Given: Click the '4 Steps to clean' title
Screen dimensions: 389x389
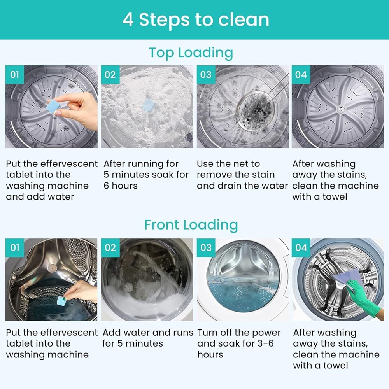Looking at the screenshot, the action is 196,20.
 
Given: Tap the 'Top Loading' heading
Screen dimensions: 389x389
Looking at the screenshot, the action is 191,53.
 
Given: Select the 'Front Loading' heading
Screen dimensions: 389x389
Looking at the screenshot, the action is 191,225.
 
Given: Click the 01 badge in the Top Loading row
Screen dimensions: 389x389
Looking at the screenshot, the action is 15,75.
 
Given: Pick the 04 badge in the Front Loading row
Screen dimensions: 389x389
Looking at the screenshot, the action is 301,247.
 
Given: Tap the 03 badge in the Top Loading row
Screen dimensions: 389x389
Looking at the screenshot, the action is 206,75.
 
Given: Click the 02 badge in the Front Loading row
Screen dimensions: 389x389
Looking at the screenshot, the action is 110,247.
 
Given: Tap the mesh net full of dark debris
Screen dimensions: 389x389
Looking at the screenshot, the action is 255,110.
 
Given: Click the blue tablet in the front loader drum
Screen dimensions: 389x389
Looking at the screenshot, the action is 61,301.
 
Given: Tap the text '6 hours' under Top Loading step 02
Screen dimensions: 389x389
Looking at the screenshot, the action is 121,186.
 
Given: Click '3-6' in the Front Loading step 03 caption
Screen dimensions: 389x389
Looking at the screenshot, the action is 265,343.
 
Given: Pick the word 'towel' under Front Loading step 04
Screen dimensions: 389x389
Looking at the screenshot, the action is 336,365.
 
